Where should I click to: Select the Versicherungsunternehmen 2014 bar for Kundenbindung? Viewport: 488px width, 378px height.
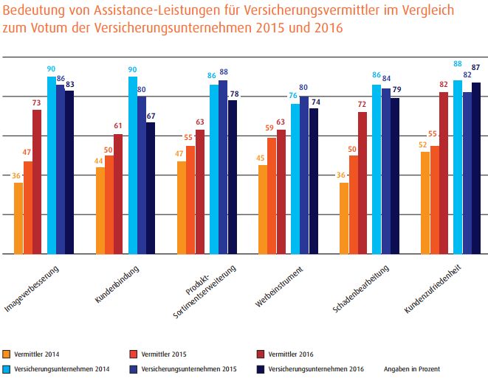pyautogui.click(x=133, y=165)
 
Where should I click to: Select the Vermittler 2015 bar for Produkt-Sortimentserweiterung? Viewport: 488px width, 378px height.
pyautogui.click(x=190, y=200)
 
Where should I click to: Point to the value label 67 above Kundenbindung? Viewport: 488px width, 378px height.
pyautogui.click(x=151, y=116)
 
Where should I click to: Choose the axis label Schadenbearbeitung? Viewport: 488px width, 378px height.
pyautogui.click(x=361, y=287)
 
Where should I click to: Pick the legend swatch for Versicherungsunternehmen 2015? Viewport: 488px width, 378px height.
pyautogui.click(x=133, y=368)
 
